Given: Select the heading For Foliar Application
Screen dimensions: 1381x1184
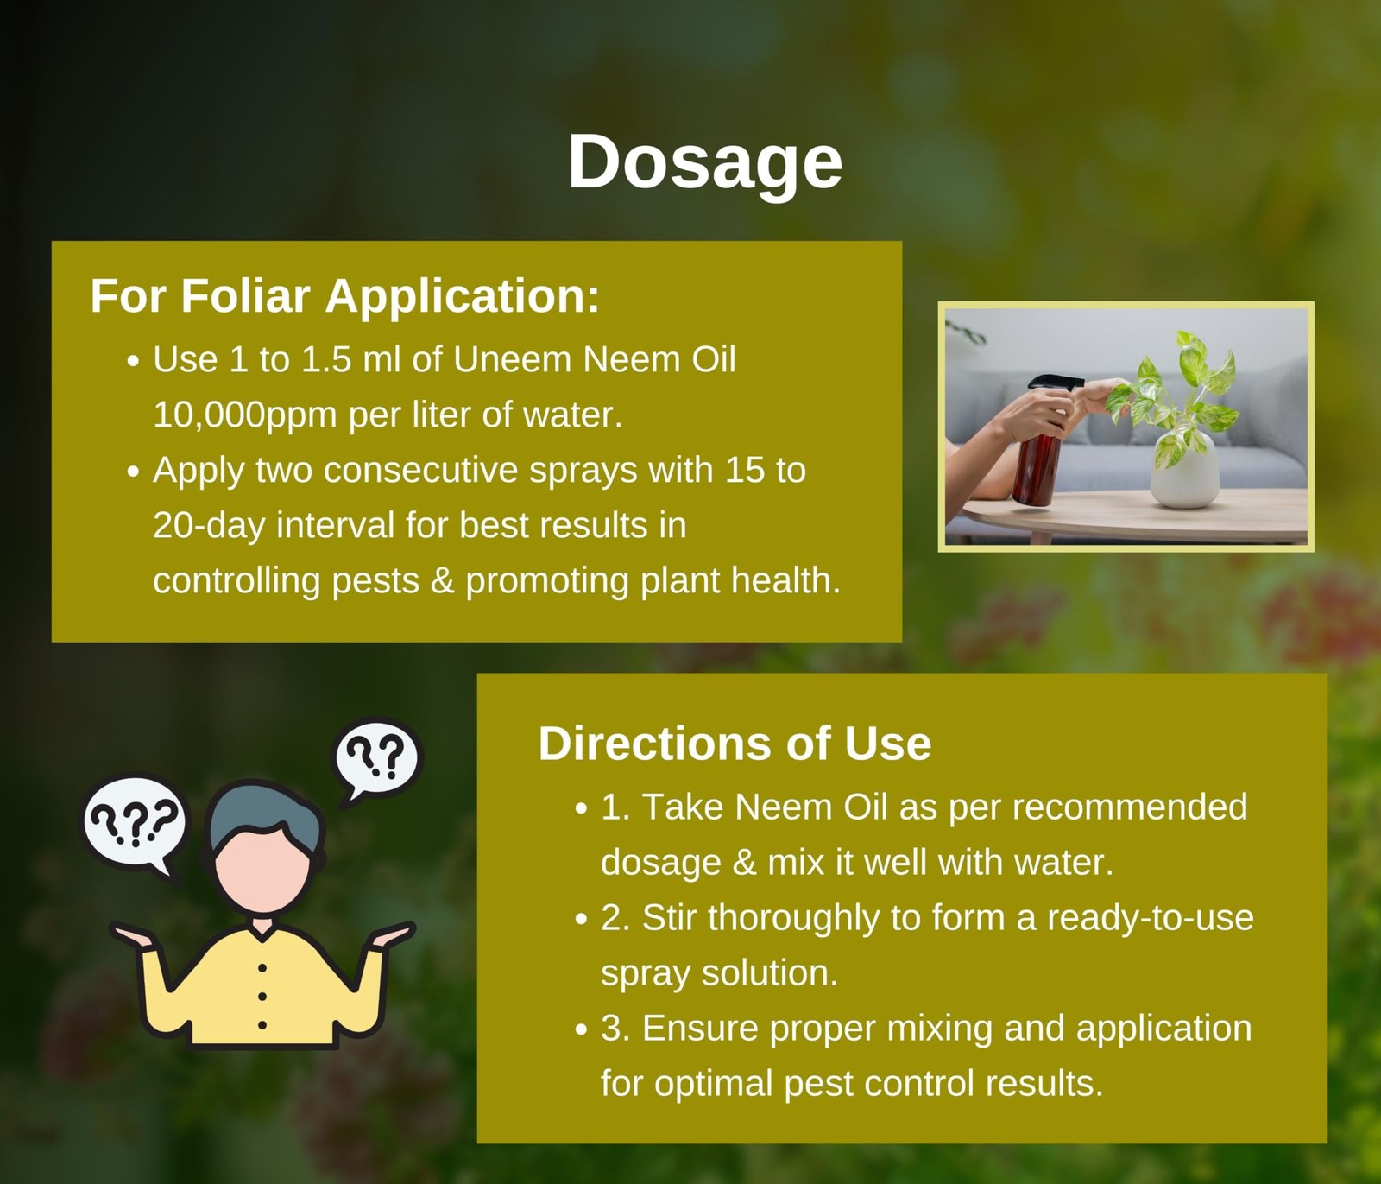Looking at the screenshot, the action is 344,296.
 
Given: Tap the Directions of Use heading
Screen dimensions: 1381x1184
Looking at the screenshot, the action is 735,744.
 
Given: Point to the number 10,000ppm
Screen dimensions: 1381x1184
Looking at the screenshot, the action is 245,415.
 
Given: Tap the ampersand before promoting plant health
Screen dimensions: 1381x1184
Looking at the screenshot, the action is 442,581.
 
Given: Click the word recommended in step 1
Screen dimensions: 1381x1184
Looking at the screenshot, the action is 1129,807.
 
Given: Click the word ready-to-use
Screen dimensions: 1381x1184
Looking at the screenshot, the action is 1150,918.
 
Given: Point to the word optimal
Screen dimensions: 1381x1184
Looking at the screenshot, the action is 712,1084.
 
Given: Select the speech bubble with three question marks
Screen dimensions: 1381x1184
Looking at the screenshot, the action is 135,825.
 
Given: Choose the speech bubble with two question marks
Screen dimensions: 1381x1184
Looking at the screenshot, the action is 377,761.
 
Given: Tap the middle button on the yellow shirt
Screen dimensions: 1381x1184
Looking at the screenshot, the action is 262,997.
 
